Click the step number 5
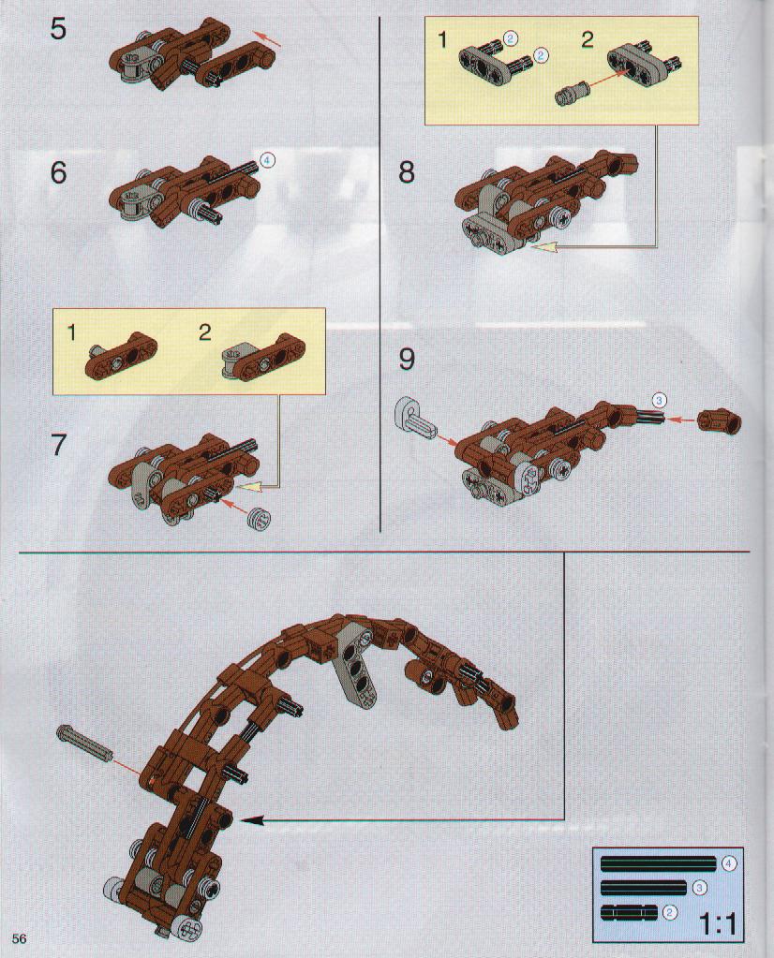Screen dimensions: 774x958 pyautogui.click(x=58, y=28)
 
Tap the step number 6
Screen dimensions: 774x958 pyautogui.click(x=58, y=172)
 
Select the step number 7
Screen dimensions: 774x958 pyautogui.click(x=58, y=446)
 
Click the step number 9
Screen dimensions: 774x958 pyautogui.click(x=407, y=359)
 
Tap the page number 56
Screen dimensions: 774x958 pyautogui.click(x=19, y=938)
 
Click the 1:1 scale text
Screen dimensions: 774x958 pyautogui.click(x=717, y=924)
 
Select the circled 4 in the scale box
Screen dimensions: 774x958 pyautogui.click(x=729, y=864)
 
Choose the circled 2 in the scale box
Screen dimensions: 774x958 pyautogui.click(x=670, y=913)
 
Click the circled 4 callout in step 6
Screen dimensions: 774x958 pyautogui.click(x=267, y=160)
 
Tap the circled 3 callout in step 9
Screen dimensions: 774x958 pyautogui.click(x=659, y=400)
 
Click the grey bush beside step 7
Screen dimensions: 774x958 pyautogui.click(x=258, y=518)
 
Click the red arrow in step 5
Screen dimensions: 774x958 pyautogui.click(x=268, y=39)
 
